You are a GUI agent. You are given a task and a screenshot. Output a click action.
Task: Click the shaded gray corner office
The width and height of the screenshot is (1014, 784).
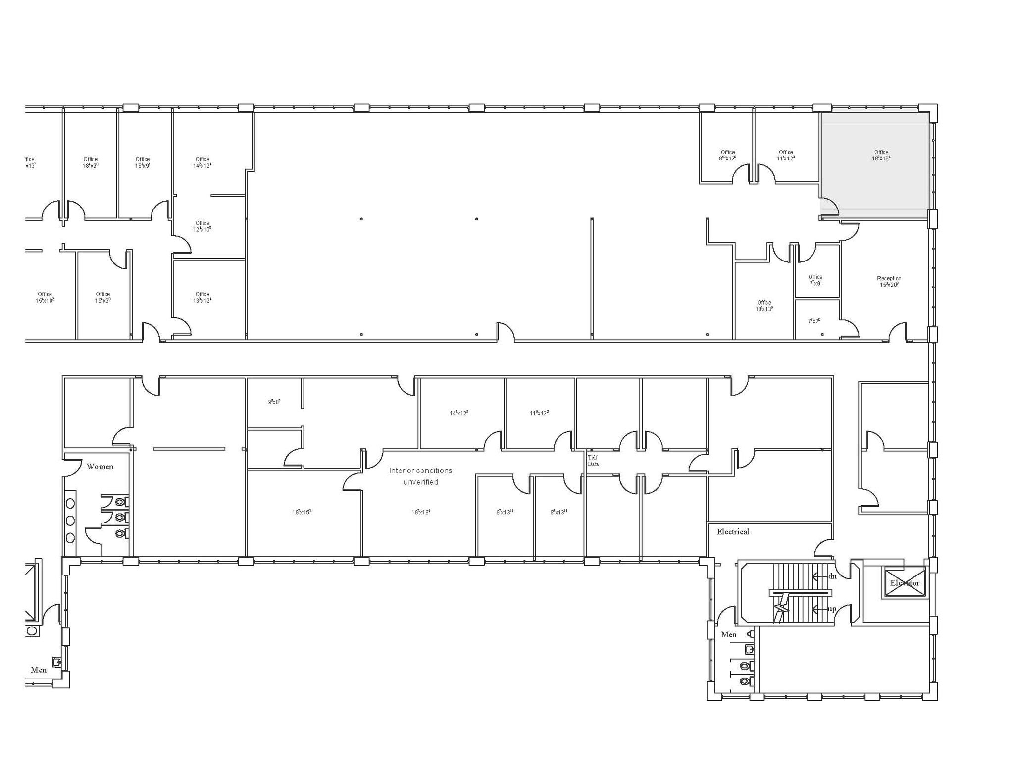[x=874, y=163]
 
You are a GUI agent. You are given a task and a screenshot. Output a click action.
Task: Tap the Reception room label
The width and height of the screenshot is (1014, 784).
[x=889, y=281]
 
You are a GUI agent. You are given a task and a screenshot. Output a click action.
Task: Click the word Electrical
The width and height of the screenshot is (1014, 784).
[x=733, y=532]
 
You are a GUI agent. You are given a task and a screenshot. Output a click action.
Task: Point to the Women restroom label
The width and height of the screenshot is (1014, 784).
[x=100, y=466]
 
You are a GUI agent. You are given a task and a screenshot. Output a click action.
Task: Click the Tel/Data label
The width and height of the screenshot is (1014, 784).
[x=593, y=461]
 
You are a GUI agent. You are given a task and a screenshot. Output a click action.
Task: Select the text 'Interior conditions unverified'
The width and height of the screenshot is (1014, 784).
[x=420, y=476]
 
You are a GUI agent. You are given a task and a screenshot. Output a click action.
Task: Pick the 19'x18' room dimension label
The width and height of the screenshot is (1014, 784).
[x=420, y=512]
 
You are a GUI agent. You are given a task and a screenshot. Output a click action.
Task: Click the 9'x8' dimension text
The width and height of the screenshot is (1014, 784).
[x=274, y=402]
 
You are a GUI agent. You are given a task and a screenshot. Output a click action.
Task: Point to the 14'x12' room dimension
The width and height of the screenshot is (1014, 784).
[x=459, y=413]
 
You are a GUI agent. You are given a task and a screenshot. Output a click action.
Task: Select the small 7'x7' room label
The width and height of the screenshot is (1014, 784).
[x=814, y=321]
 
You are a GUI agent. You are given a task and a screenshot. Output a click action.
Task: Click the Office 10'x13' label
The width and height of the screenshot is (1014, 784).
[x=764, y=306]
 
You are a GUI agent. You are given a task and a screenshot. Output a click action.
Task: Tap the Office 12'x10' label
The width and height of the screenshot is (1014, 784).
[x=202, y=226]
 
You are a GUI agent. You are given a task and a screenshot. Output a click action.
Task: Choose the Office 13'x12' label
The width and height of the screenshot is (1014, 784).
[x=202, y=297]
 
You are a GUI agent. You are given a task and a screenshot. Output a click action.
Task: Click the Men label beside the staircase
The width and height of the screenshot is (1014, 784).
[x=728, y=634]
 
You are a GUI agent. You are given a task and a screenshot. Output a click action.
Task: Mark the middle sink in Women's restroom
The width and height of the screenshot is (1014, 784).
[x=70, y=521]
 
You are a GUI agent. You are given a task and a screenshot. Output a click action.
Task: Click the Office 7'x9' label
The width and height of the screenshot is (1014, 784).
[x=815, y=280]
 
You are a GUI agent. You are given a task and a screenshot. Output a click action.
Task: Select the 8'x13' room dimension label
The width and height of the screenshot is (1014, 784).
[x=558, y=512]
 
